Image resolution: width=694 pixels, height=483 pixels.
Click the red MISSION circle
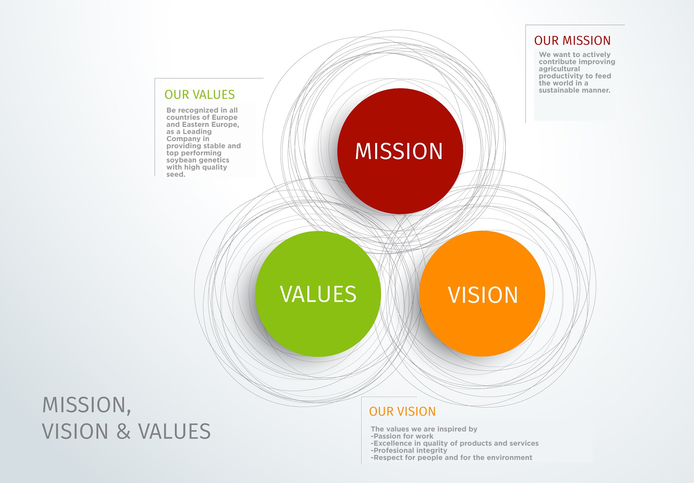400,151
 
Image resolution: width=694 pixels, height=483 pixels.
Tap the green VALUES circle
318,294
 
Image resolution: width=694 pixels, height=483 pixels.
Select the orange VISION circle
482,293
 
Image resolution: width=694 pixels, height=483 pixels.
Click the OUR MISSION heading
572,41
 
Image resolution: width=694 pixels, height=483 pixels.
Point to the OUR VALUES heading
200,95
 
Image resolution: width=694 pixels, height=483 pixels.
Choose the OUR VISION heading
402,411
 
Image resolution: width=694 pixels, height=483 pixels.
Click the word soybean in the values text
180,160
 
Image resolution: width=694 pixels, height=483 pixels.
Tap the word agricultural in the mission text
559,69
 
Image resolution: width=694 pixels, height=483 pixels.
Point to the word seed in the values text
175,174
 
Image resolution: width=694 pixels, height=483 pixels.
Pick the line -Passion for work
402,436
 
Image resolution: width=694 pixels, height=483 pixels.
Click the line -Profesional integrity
409,450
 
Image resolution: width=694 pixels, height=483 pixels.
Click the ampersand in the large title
123,431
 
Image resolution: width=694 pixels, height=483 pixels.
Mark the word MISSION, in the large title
87,405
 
